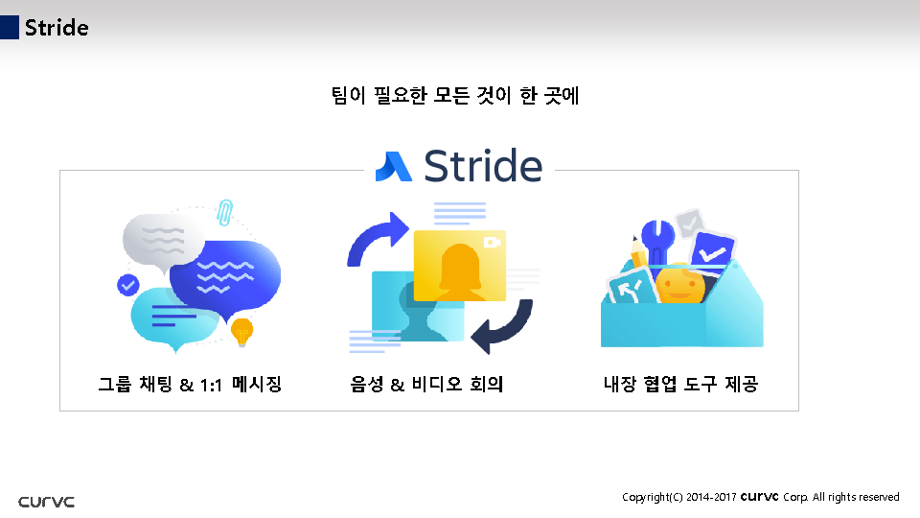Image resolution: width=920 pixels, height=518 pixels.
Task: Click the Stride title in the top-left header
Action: point(57,28)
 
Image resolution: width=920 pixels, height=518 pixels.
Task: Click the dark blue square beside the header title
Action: point(10,28)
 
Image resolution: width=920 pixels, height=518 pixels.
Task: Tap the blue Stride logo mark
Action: point(393,166)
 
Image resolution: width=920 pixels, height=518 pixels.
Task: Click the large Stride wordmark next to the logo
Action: point(482,165)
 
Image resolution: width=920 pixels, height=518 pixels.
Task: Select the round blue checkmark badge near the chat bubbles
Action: point(127,284)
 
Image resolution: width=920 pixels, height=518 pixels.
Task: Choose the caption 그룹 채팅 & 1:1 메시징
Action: point(190,385)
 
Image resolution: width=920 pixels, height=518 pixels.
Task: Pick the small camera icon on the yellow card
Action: point(493,242)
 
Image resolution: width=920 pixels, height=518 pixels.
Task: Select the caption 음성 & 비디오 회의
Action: point(426,385)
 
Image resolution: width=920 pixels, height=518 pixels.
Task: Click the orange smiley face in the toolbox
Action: point(680,284)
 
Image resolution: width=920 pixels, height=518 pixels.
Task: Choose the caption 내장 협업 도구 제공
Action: point(680,385)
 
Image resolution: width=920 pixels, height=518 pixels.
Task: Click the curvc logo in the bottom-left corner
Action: point(46,502)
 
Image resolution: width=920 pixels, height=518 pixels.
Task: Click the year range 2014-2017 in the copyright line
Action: point(711,497)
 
